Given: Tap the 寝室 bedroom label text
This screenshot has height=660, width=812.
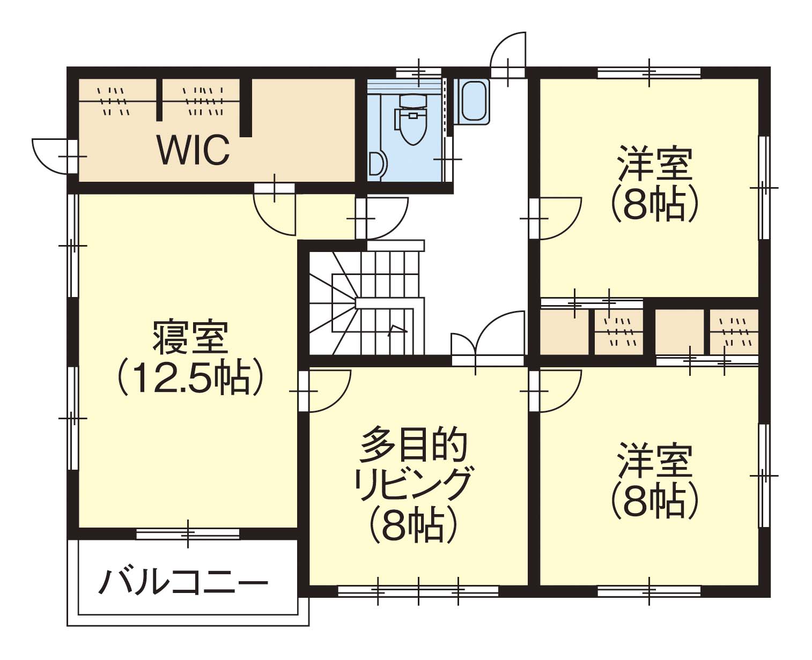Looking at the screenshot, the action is [190, 338].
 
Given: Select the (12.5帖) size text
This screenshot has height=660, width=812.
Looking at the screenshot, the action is [190, 378].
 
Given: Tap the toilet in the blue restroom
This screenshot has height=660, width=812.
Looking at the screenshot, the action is [412, 119].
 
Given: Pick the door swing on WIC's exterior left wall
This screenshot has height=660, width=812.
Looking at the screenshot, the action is [50, 157].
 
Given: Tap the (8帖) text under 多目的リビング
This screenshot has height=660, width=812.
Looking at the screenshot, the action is [414, 524].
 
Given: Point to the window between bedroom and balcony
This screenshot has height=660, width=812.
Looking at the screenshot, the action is [188, 534].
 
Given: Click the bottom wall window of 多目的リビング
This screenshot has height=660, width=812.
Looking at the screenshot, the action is [418, 591].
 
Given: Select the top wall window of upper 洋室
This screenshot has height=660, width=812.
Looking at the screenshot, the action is [649, 72].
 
